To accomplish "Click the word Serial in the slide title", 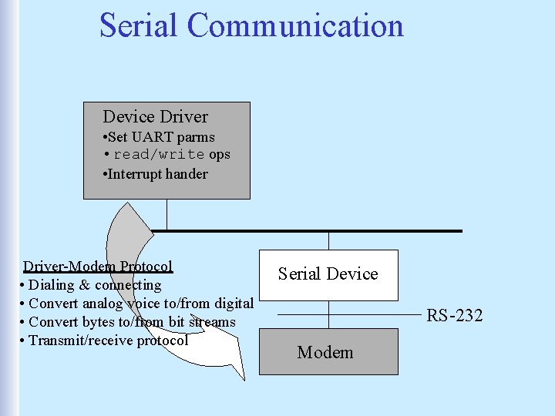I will point(140,25).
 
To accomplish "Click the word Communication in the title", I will point(295,25).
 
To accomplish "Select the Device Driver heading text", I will point(155,116).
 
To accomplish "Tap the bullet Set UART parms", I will point(159,137).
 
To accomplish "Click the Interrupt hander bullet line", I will point(155,173).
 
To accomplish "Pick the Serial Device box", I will point(328,274).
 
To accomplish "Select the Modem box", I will point(328,352).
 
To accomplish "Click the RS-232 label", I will point(455,315).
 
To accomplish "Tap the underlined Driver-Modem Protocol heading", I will point(97,267).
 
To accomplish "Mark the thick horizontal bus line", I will point(308,230).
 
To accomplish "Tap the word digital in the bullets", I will point(231,304).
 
